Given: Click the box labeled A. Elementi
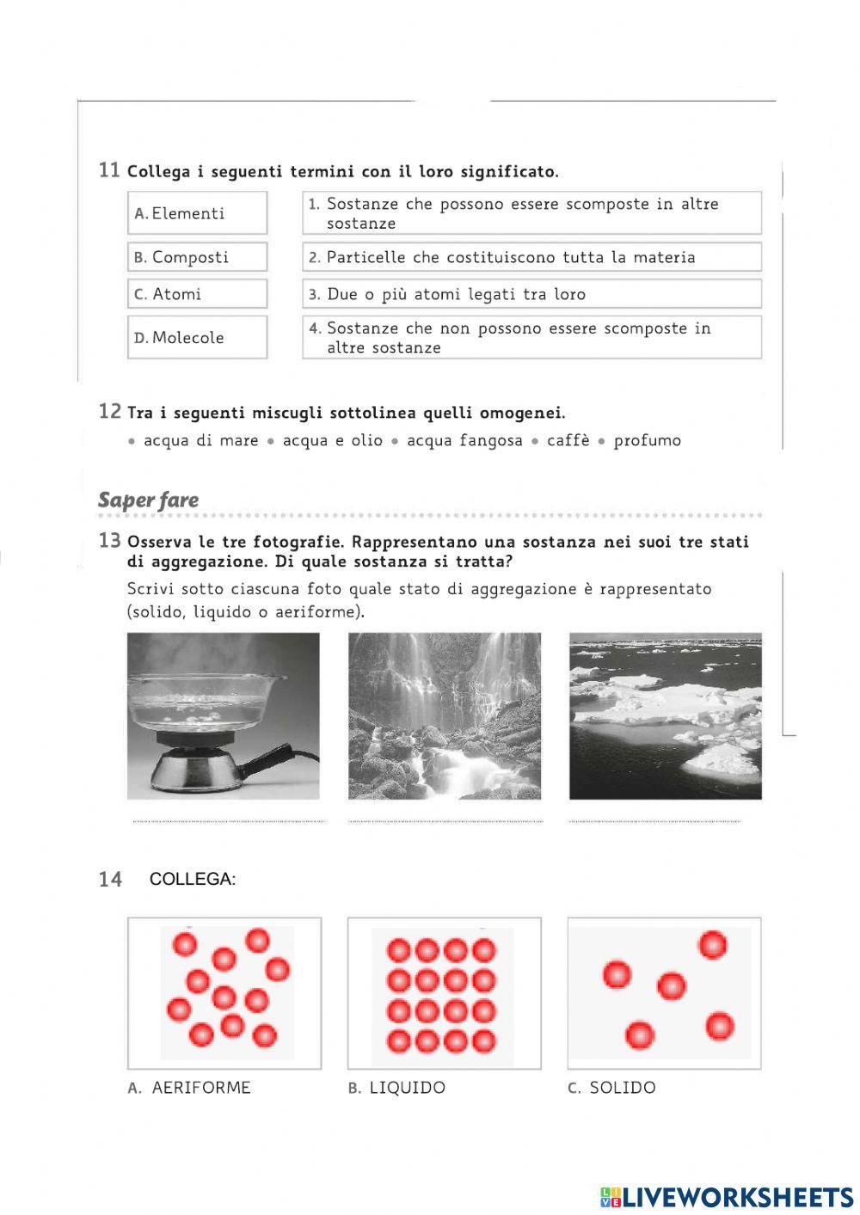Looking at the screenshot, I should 197,213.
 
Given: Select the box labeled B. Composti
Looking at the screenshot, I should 197,257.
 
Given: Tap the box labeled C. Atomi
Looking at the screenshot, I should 197,294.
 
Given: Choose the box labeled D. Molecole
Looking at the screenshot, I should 197,337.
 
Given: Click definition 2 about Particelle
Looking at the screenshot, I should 531,257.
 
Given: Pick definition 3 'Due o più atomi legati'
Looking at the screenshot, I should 531,294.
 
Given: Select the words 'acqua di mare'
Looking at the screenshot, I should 200,440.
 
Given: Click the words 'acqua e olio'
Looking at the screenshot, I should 332,440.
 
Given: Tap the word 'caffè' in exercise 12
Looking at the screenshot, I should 568,440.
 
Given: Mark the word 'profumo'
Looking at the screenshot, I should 647,440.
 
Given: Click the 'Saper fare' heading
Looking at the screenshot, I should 148,500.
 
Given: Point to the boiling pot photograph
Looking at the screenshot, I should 223,715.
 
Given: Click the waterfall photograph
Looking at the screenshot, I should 445,715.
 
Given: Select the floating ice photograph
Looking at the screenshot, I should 665,715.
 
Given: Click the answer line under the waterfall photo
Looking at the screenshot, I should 445,821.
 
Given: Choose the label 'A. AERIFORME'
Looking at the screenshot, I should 189,1088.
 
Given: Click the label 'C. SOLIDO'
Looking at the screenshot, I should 611,1088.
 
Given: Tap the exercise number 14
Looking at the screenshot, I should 110,880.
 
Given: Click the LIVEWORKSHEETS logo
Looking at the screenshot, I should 727,1197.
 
